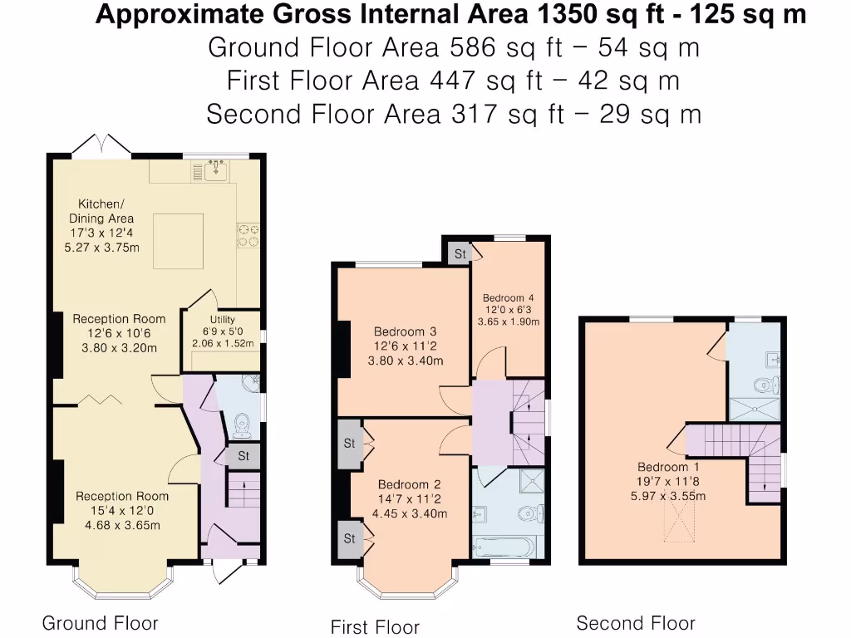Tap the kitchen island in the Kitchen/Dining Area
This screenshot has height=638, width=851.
tap(178, 241)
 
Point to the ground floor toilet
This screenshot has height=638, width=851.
tap(242, 425)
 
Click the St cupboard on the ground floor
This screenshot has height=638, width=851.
tap(243, 456)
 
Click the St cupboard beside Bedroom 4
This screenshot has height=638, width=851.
tap(460, 253)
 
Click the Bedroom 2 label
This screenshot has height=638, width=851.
tap(409, 484)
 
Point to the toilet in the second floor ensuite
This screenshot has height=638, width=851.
tap(765, 385)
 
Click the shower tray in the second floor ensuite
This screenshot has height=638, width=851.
tap(755, 409)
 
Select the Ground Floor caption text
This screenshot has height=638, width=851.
tap(100, 623)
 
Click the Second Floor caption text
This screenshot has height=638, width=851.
tap(636, 623)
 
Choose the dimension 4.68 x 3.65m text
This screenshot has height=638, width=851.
tap(121, 525)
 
